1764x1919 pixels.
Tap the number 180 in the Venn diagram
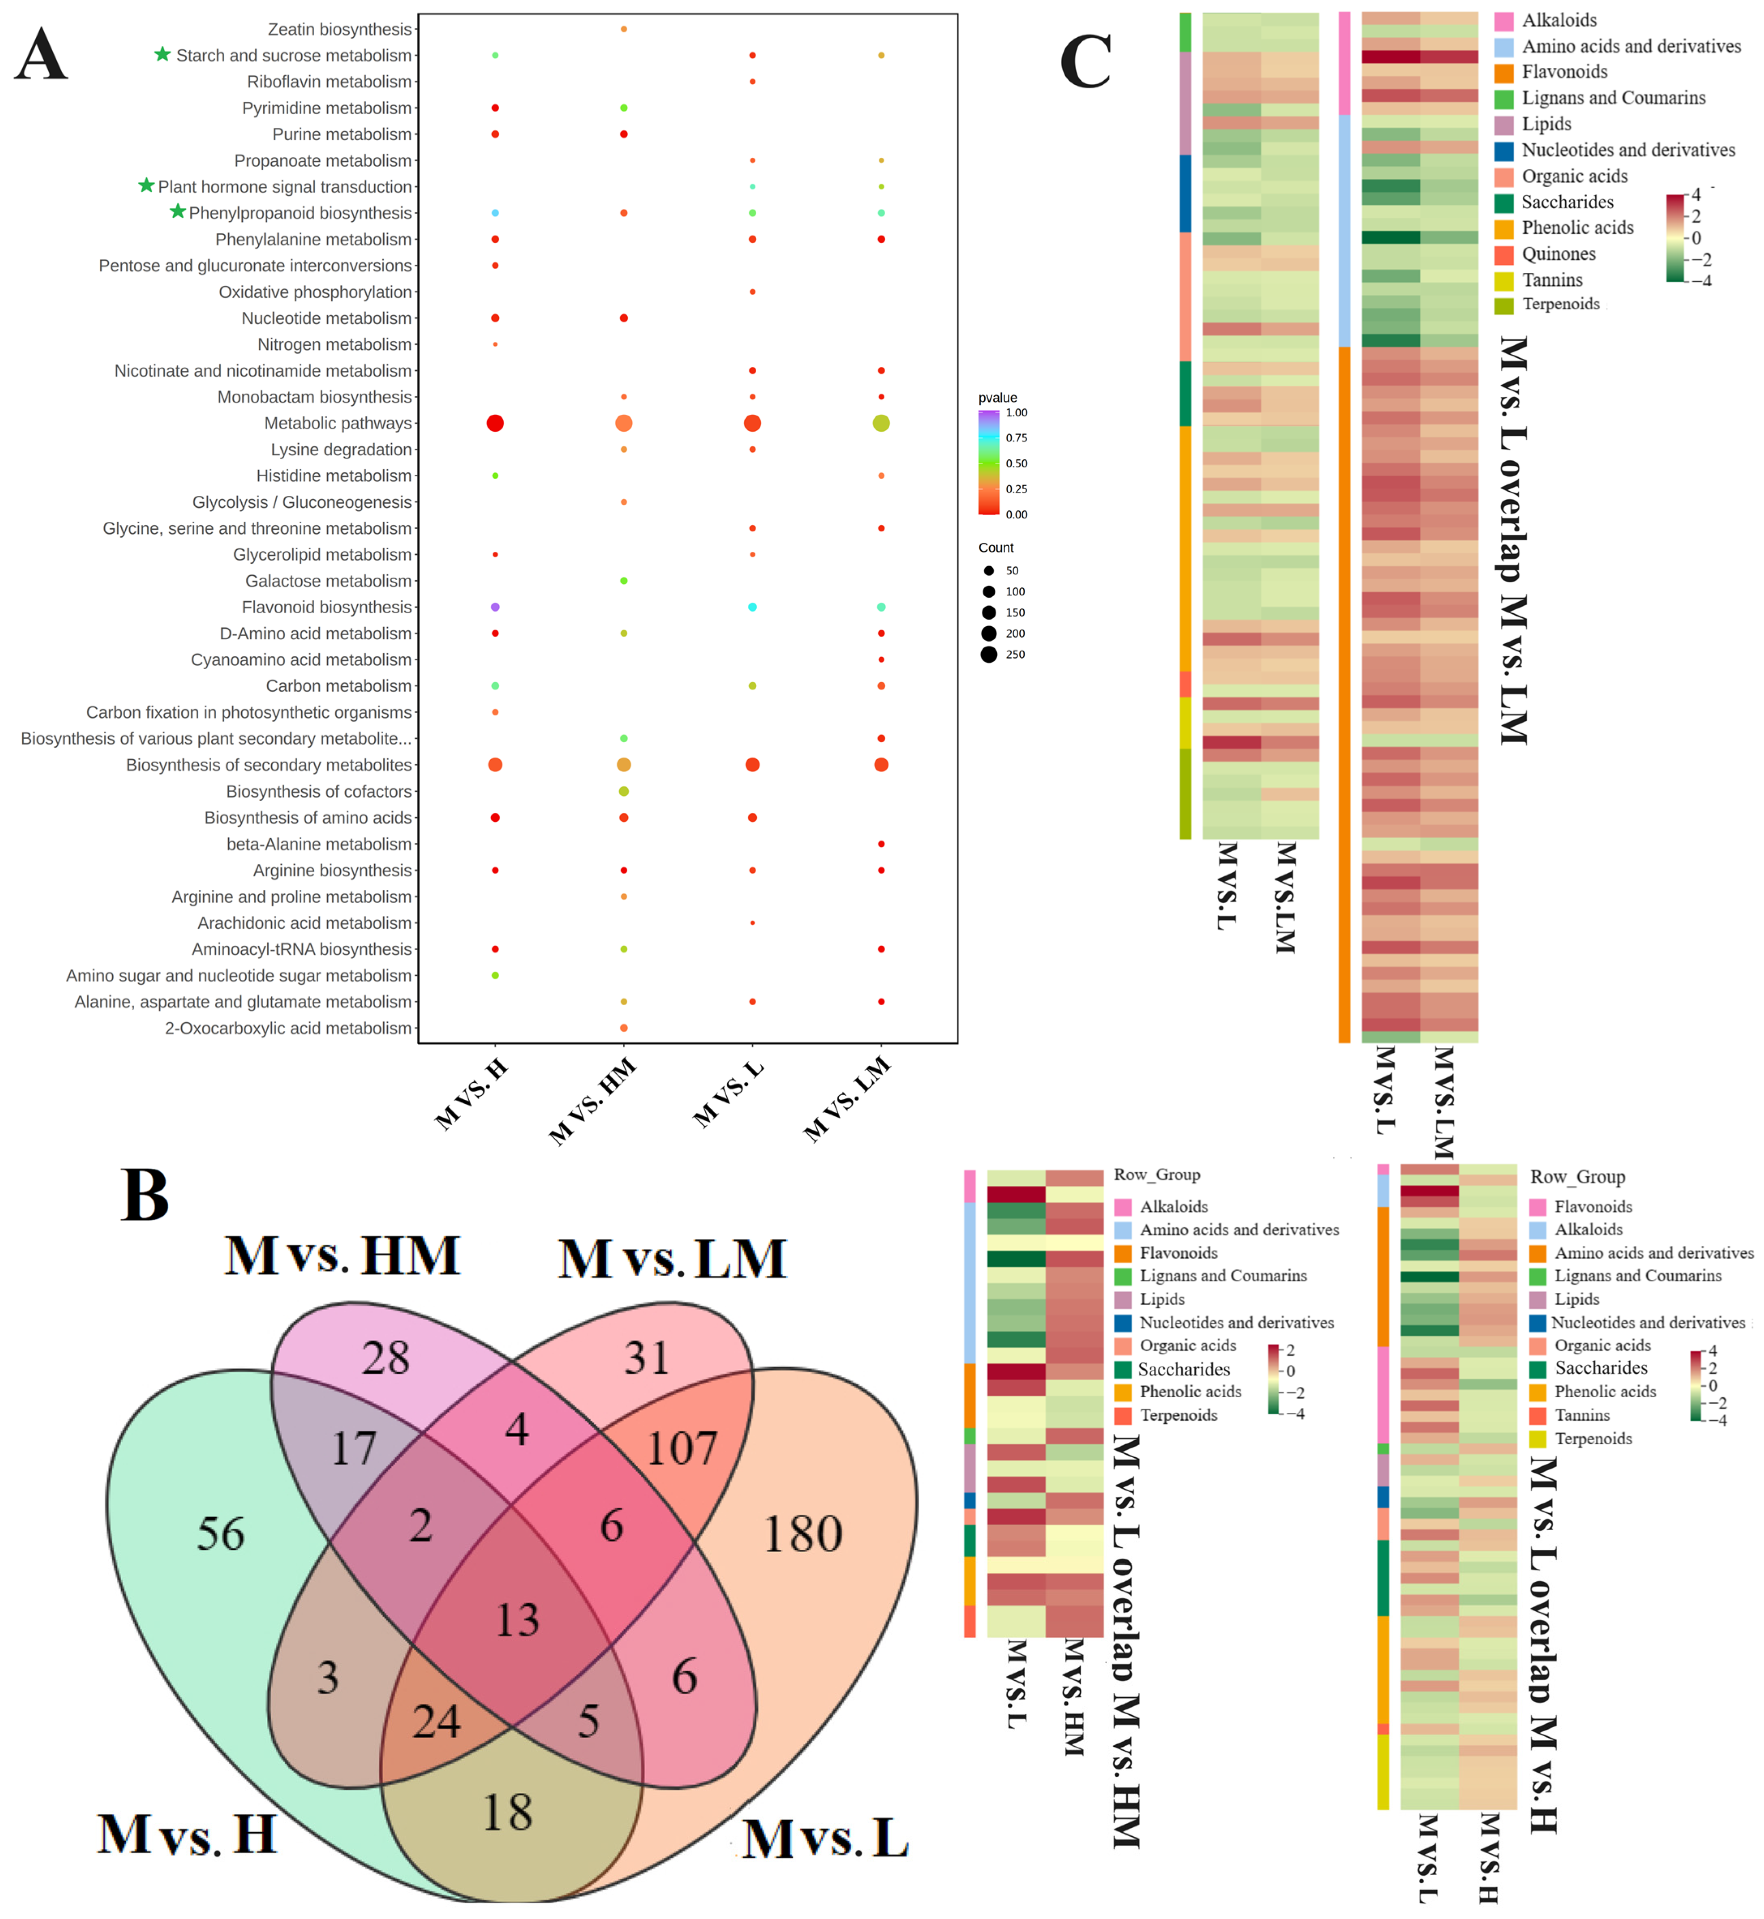point(803,1534)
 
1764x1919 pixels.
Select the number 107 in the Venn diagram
point(682,1448)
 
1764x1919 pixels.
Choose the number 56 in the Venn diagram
point(221,1534)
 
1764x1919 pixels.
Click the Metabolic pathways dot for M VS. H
point(494,423)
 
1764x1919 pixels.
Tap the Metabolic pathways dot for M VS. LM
point(881,423)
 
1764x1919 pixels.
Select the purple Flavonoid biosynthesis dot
point(494,607)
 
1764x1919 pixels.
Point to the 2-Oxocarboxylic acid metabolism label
point(288,1028)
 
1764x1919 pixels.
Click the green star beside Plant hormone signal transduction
point(146,185)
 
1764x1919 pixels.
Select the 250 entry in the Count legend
point(989,655)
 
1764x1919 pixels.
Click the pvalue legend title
point(998,398)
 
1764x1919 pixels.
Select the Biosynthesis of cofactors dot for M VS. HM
point(623,791)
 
